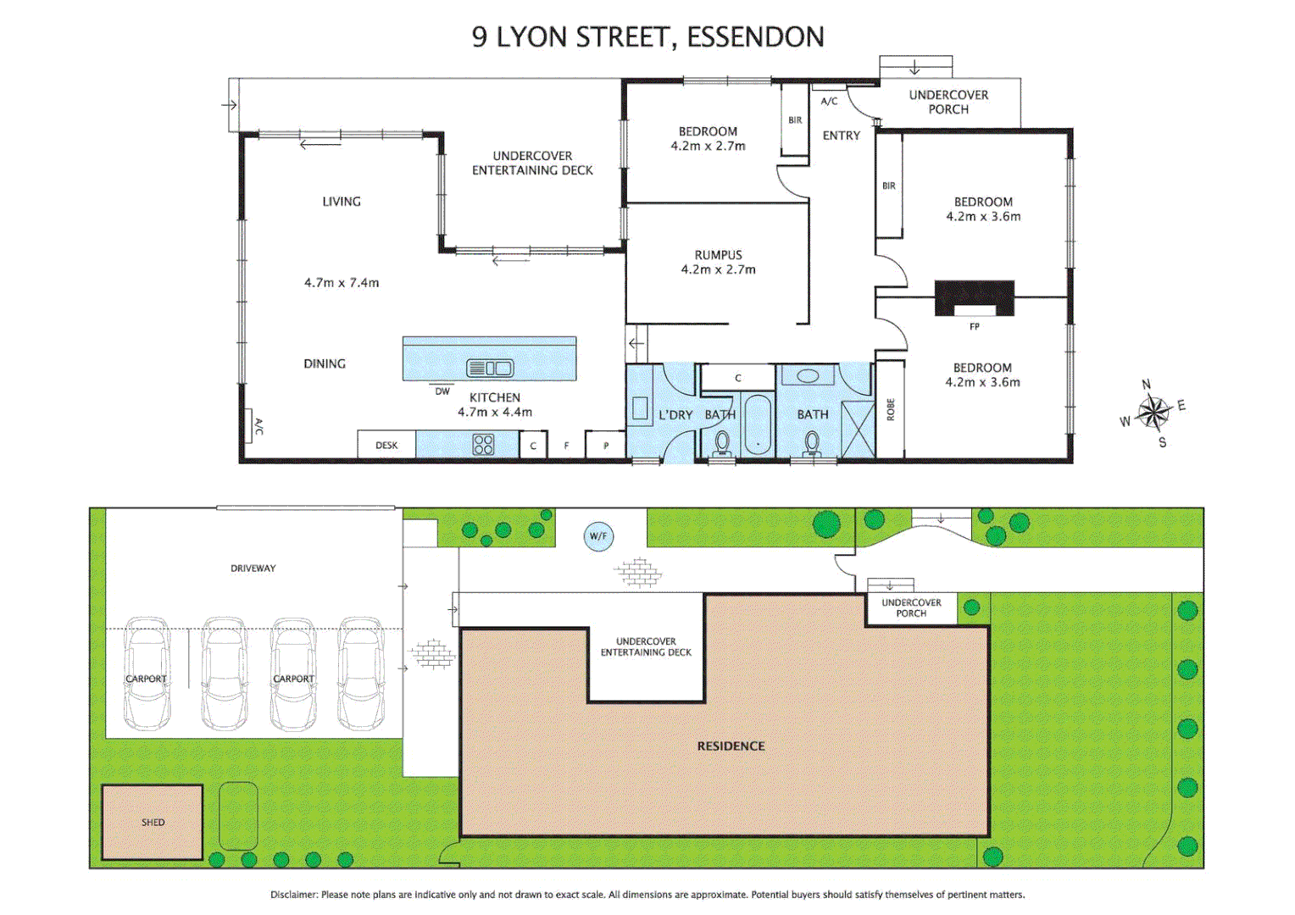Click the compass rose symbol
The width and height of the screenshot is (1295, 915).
(1153, 413)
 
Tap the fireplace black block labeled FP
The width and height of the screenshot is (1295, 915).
(974, 297)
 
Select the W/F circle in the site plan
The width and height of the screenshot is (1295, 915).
(598, 536)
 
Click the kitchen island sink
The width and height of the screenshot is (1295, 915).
(490, 368)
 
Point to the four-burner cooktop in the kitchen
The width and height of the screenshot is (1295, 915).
(483, 445)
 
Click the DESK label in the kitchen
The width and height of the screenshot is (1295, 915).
(386, 446)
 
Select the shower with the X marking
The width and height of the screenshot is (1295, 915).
(857, 430)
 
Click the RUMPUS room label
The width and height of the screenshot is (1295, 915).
(718, 255)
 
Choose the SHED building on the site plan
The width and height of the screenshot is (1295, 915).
(153, 822)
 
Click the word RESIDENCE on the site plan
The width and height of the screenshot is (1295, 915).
(731, 746)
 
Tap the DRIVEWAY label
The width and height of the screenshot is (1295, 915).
(253, 568)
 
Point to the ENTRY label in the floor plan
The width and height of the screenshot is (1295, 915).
(841, 136)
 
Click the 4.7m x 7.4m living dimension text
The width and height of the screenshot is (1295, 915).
(342, 283)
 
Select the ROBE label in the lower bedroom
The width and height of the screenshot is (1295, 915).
(890, 409)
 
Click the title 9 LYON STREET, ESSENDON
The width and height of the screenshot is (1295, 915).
(647, 37)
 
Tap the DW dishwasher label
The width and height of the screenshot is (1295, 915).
(442, 391)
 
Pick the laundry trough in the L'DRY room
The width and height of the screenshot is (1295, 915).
(640, 410)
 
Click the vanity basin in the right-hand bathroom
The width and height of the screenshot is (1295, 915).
(807, 376)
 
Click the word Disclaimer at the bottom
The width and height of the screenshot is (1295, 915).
(293, 895)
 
